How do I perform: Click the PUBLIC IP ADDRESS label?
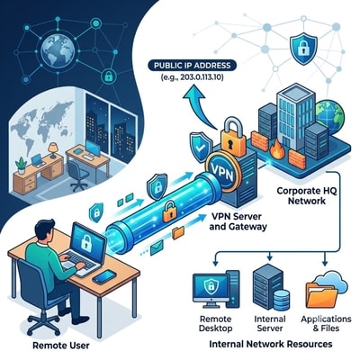tap(193, 65)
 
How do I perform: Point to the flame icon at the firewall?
tap(277, 151)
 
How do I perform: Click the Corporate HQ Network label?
tap(307, 195)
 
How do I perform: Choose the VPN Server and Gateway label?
tap(238, 221)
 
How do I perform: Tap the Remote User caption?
tap(61, 345)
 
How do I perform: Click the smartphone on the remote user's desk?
tap(104, 276)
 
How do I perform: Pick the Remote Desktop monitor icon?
tap(211, 288)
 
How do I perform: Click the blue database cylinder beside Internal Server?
tap(282, 300)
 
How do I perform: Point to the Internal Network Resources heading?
tap(271, 344)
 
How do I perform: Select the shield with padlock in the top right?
tap(303, 49)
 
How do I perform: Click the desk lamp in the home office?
tap(53, 150)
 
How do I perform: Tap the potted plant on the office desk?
tap(22, 166)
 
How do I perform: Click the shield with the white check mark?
tap(200, 147)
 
